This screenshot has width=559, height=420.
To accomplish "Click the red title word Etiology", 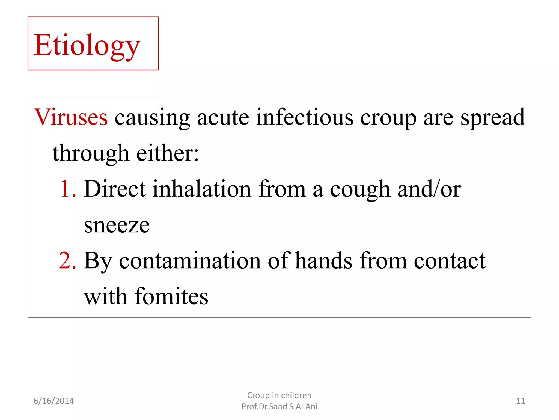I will coord(87,45).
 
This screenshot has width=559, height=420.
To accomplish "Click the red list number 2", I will coord(67,260).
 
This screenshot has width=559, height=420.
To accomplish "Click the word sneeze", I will coord(117,225).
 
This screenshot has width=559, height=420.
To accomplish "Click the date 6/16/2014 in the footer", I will coord(53,401).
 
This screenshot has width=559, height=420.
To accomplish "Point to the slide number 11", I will coord(521,401).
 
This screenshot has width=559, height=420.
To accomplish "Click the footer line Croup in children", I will coord(279,395).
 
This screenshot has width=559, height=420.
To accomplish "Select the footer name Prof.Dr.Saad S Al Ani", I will coord(279,407).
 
